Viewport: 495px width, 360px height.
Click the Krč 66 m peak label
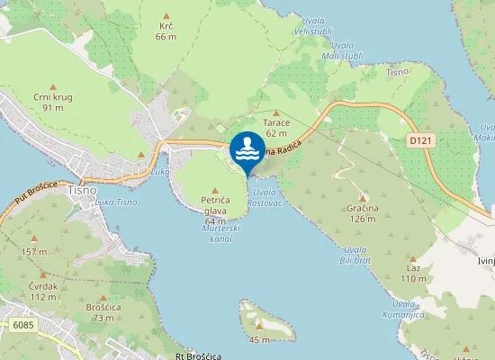click(166, 31)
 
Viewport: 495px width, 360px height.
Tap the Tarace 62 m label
click(275, 127)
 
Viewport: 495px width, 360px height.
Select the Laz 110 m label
click(414, 274)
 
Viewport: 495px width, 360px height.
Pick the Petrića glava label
click(215, 209)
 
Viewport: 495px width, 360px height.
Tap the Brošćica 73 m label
click(101, 312)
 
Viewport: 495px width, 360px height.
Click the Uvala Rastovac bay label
click(265, 197)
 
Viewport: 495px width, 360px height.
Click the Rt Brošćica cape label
click(199, 355)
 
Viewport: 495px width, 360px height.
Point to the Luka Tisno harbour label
click(115, 202)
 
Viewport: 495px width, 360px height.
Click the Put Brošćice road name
click(36, 192)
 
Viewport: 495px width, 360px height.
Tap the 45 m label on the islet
click(259, 339)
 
